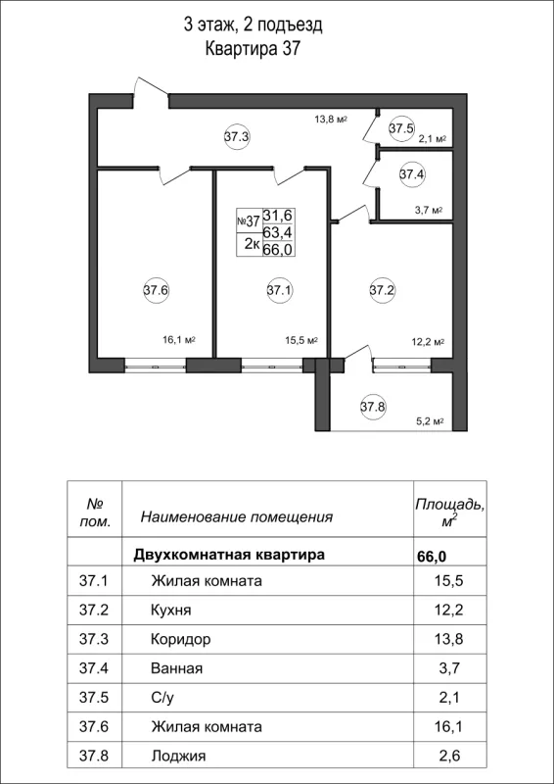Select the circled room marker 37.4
(412, 174)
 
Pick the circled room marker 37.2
(382, 289)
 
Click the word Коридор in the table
(181, 639)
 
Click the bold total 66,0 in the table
(431, 556)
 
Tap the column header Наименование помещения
(237, 516)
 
